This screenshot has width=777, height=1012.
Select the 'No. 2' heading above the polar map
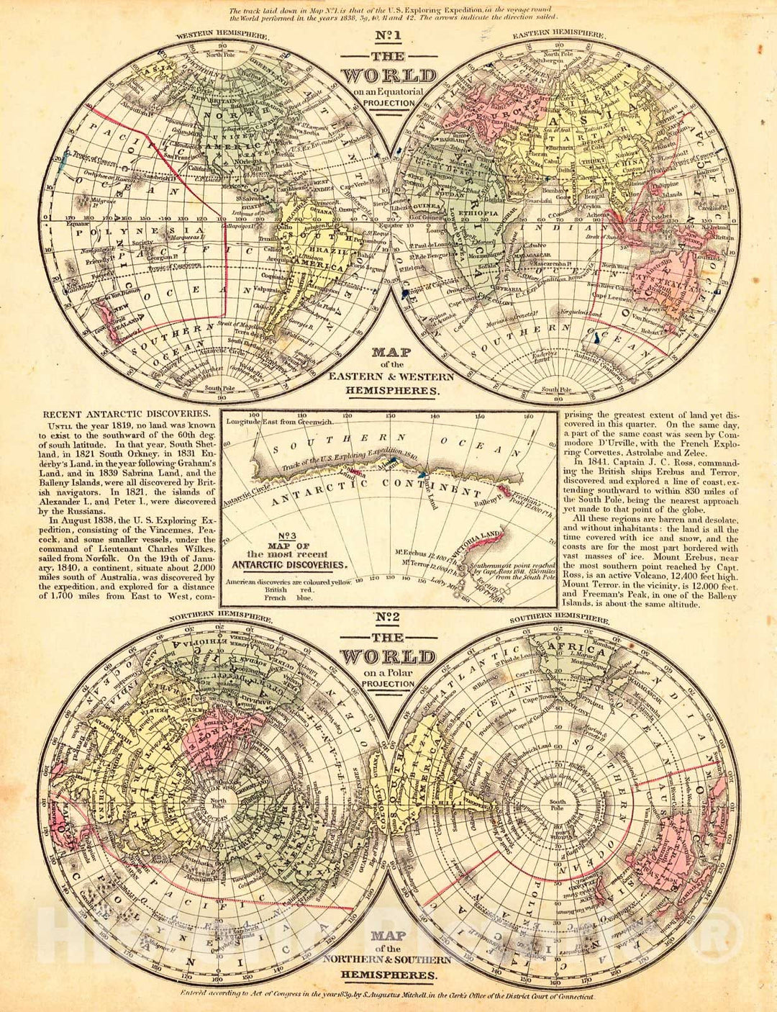click(388, 619)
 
